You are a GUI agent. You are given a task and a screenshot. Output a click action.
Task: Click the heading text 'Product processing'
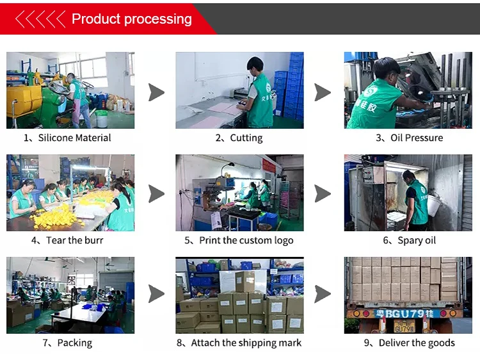131,19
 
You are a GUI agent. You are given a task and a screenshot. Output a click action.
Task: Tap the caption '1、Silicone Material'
67,138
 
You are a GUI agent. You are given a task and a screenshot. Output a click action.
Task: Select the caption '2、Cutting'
239,138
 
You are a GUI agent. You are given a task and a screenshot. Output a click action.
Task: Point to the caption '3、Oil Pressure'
409,138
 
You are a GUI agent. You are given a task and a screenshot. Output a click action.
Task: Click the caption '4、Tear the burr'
67,240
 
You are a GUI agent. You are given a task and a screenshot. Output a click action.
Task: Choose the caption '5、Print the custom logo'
239,240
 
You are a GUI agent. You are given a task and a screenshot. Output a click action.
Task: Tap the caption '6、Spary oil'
410,240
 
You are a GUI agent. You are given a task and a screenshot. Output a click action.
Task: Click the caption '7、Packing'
67,343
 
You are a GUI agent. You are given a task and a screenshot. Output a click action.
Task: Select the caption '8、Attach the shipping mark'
239,343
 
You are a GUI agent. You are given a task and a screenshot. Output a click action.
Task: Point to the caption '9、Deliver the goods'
410,343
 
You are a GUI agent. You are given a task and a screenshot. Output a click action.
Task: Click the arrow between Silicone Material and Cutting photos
156,92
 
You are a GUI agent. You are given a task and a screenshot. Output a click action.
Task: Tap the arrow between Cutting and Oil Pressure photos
323,92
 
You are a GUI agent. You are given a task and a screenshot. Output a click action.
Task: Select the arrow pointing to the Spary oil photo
323,193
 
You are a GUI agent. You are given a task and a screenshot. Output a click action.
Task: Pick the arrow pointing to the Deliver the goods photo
323,295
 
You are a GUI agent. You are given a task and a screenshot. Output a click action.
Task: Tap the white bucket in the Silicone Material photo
101,119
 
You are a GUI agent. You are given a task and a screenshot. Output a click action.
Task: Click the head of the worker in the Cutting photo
255,66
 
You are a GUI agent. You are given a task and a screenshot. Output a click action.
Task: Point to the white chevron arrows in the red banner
40,19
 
